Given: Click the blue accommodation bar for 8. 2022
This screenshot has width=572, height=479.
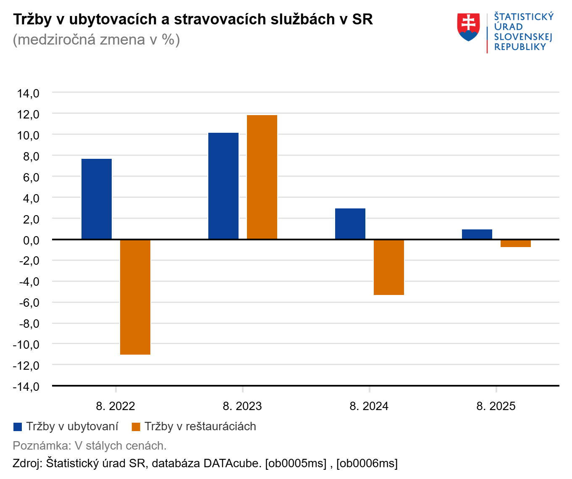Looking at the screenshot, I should (x=97, y=199).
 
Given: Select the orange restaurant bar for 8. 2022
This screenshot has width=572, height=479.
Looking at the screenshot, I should (x=135, y=297).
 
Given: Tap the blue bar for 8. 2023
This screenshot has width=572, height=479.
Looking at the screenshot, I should (x=223, y=186).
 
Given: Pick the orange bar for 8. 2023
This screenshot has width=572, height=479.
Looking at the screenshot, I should (x=262, y=177).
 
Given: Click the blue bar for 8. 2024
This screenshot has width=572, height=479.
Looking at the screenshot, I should (x=350, y=224).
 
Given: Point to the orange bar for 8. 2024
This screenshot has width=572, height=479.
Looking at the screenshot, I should (x=389, y=267).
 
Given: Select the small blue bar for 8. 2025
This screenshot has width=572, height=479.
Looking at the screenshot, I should (x=477, y=234).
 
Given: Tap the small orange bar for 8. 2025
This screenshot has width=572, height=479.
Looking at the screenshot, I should (x=516, y=243).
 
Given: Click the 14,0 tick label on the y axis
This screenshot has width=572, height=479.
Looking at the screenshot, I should (x=28, y=93).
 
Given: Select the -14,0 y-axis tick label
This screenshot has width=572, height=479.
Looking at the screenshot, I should (x=26, y=387).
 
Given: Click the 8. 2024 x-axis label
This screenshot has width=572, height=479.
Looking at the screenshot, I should (x=369, y=406).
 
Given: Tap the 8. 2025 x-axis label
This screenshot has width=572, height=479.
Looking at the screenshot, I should (x=496, y=406).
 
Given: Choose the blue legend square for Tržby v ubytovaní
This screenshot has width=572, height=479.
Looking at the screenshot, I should (x=18, y=427).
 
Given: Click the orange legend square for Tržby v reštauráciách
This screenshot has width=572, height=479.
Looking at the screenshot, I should (x=136, y=427).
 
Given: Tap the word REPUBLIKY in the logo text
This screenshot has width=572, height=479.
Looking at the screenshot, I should (x=520, y=47).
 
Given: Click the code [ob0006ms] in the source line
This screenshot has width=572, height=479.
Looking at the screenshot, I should (x=367, y=463).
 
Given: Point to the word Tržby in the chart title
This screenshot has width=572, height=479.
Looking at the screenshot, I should (x=32, y=19).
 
